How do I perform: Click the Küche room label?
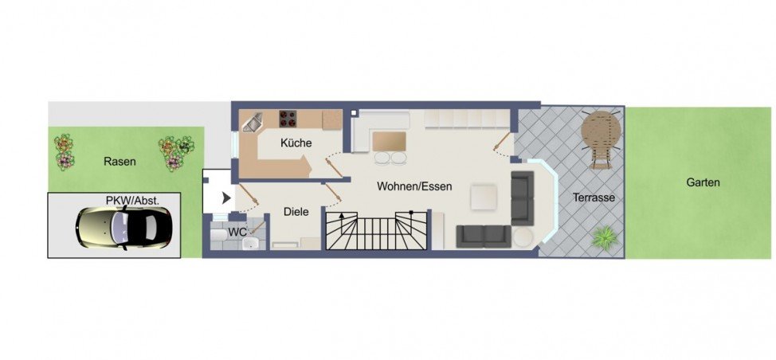296,143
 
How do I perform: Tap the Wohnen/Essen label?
414,187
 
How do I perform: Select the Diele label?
296,212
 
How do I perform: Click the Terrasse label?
594,198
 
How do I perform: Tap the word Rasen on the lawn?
120,161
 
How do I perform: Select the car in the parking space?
123,228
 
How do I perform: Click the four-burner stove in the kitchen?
288,119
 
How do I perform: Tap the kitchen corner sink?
253,122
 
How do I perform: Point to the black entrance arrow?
226,198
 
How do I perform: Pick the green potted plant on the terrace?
604,237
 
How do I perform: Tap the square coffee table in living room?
484,198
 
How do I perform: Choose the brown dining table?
389,142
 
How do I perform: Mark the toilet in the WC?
219,235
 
